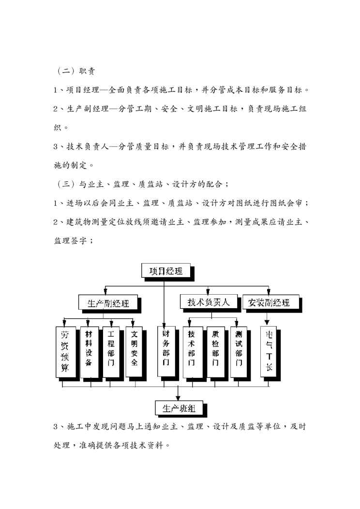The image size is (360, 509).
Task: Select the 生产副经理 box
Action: (108, 303)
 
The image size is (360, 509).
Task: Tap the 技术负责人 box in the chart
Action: (209, 302)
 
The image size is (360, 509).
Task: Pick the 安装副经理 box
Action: (269, 302)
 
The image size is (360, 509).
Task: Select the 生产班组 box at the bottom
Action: (179, 408)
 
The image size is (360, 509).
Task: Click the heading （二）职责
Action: (75, 72)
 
